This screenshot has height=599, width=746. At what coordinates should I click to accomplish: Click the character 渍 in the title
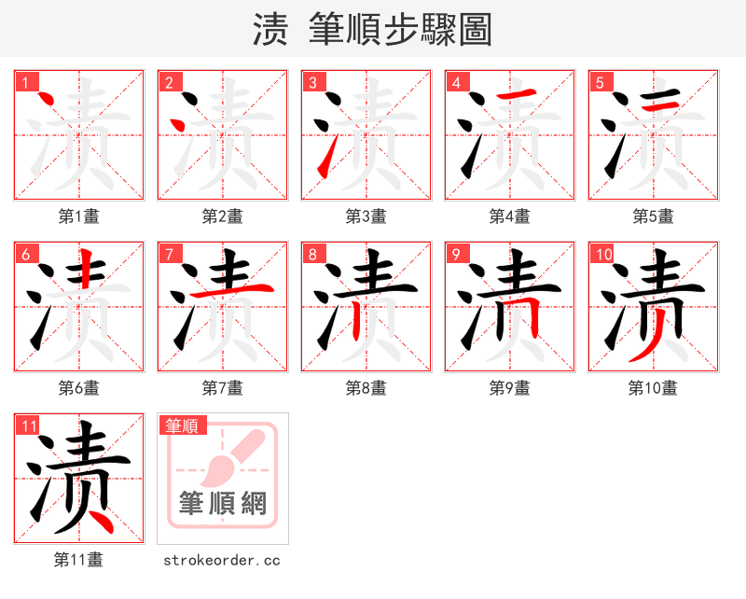[270, 29]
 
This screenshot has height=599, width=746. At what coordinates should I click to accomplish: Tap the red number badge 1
[24, 82]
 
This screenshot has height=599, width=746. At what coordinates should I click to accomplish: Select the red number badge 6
[24, 254]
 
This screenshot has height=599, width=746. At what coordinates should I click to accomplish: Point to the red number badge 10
[602, 254]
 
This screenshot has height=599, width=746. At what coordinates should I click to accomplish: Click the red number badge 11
[28, 426]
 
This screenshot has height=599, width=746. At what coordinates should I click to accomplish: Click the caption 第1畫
[79, 216]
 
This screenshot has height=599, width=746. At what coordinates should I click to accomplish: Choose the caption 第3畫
[366, 216]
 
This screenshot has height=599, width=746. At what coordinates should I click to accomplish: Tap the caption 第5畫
[654, 216]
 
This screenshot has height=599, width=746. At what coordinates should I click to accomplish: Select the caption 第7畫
[223, 388]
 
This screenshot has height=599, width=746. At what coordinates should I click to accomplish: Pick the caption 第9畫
[510, 388]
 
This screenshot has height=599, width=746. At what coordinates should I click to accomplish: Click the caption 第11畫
[79, 560]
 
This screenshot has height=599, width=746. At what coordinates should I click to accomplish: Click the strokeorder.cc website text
[222, 561]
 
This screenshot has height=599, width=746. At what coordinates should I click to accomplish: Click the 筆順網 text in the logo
[223, 505]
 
